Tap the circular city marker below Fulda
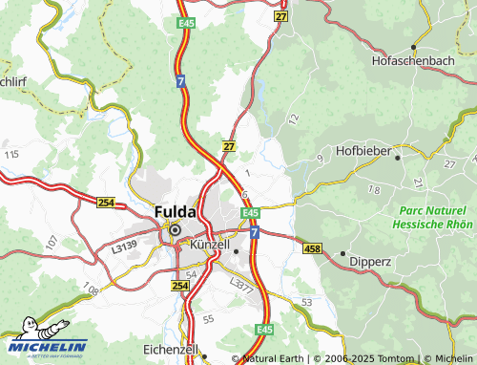[175, 229]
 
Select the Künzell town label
[210, 246]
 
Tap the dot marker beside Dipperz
[342, 253]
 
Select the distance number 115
[11, 154]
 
